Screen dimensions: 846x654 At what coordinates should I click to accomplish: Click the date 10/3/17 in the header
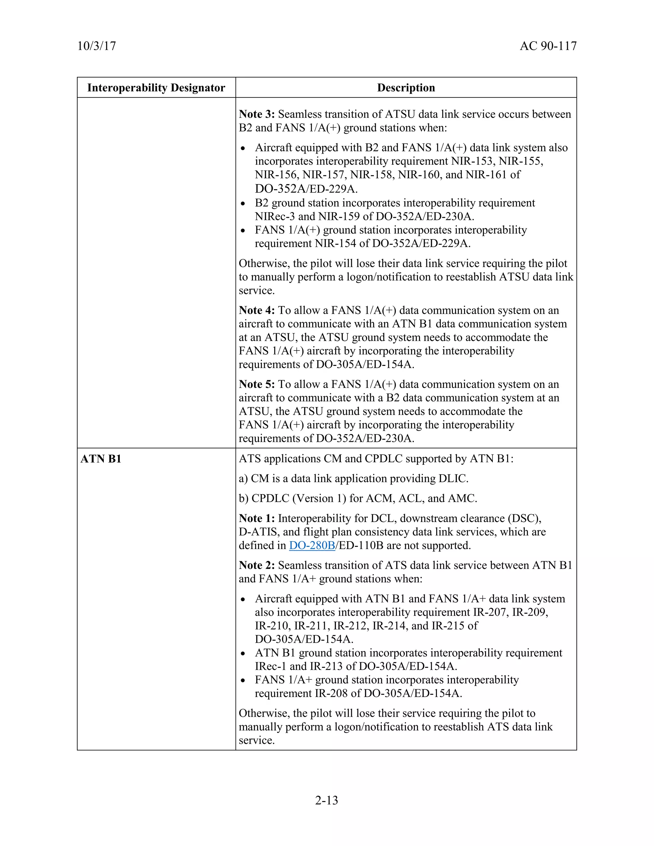point(96,46)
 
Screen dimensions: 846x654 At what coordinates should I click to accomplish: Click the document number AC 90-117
point(548,46)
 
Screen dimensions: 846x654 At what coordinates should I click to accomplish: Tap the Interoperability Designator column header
point(156,88)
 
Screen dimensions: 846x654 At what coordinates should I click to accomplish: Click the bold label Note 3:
point(256,114)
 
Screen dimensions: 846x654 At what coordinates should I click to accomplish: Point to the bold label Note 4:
point(256,310)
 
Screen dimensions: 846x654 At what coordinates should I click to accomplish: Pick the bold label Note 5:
point(256,384)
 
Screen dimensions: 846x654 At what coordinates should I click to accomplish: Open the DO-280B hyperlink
point(312,545)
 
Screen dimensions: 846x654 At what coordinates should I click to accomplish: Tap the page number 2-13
point(327,800)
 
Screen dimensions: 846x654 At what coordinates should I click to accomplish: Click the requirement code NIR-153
point(473,161)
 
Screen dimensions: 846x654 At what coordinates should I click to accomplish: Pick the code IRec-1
point(270,666)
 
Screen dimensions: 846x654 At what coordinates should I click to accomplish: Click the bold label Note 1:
point(256,518)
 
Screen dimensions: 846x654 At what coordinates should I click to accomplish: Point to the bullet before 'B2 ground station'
point(243,203)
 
